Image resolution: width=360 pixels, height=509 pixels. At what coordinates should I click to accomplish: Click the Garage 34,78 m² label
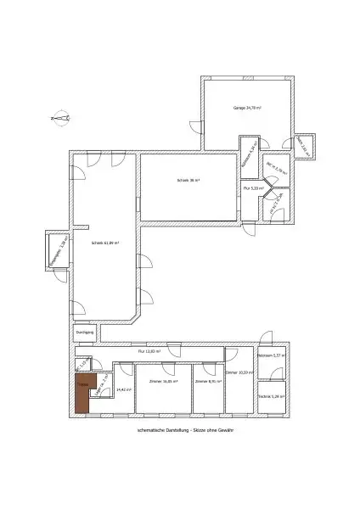point(247,109)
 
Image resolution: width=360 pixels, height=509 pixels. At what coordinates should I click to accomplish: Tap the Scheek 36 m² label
point(188,180)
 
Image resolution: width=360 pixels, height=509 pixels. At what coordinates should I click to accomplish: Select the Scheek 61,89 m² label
point(104,243)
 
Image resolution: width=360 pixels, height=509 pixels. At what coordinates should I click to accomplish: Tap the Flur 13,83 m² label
point(149,350)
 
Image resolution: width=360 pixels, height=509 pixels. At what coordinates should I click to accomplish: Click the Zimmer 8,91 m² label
point(207,382)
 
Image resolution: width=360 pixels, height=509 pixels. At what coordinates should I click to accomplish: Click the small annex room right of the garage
point(304,148)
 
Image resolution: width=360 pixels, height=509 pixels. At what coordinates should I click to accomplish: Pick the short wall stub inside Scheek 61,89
point(82,226)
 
